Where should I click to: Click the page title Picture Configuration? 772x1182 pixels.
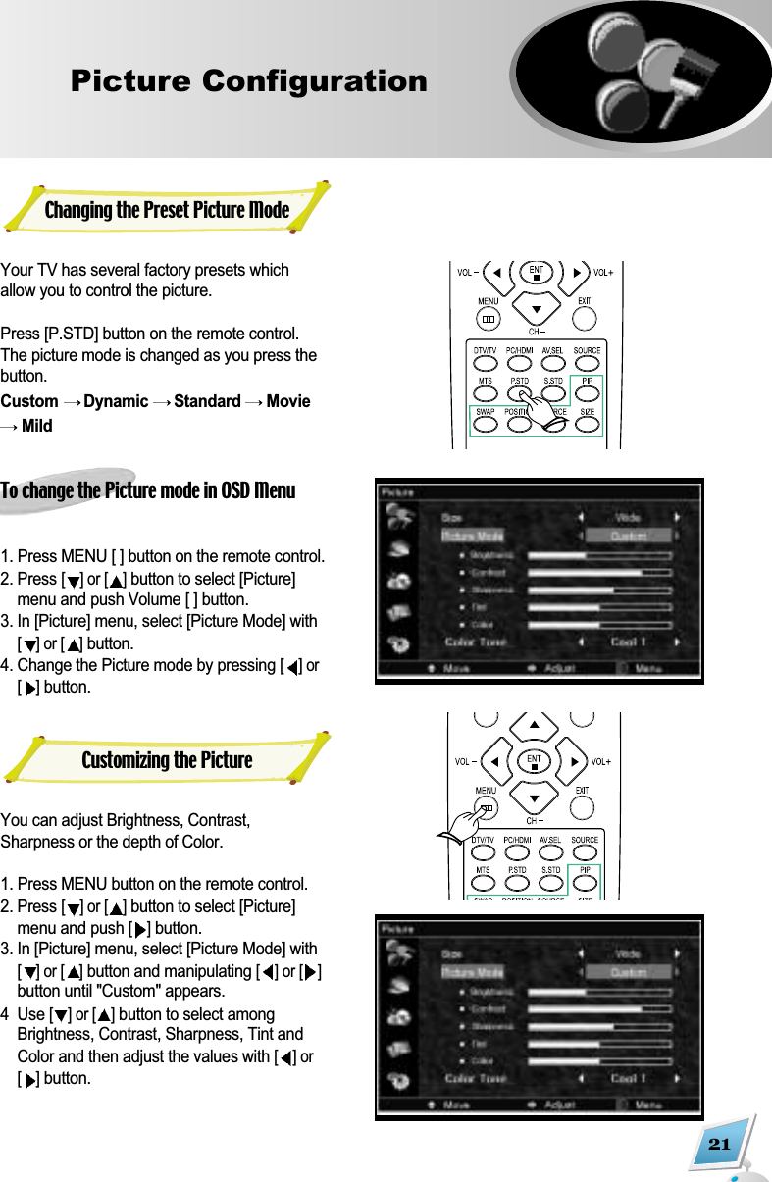248,80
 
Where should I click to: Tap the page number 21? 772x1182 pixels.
719,1145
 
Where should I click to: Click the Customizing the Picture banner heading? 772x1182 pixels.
167,760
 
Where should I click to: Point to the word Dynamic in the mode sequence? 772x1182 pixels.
116,401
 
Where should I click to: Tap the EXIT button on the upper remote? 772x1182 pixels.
584,318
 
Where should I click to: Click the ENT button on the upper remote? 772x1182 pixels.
536,272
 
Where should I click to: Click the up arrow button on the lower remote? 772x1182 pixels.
535,726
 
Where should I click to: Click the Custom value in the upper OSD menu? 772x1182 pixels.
628,536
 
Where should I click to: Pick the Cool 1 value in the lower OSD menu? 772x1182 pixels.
628,1078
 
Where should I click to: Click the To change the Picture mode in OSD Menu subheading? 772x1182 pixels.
148,490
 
